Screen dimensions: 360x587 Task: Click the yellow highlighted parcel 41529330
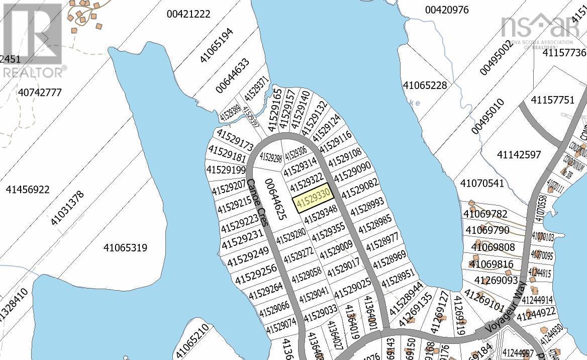[313, 197]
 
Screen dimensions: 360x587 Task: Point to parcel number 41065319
[125, 247]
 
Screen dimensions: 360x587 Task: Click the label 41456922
[28, 190]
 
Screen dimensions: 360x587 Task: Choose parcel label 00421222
[188, 14]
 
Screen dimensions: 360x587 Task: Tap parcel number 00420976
[446, 10]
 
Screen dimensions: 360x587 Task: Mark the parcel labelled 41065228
[425, 85]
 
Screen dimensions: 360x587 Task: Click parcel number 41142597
[518, 154]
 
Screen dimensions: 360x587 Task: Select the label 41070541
[481, 183]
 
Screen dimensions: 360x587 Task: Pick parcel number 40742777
[39, 93]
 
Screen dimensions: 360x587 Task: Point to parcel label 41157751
[552, 100]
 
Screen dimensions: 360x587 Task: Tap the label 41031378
[67, 208]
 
